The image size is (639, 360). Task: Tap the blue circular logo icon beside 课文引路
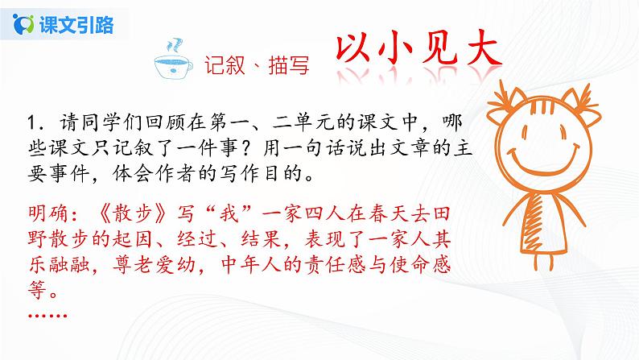26,24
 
